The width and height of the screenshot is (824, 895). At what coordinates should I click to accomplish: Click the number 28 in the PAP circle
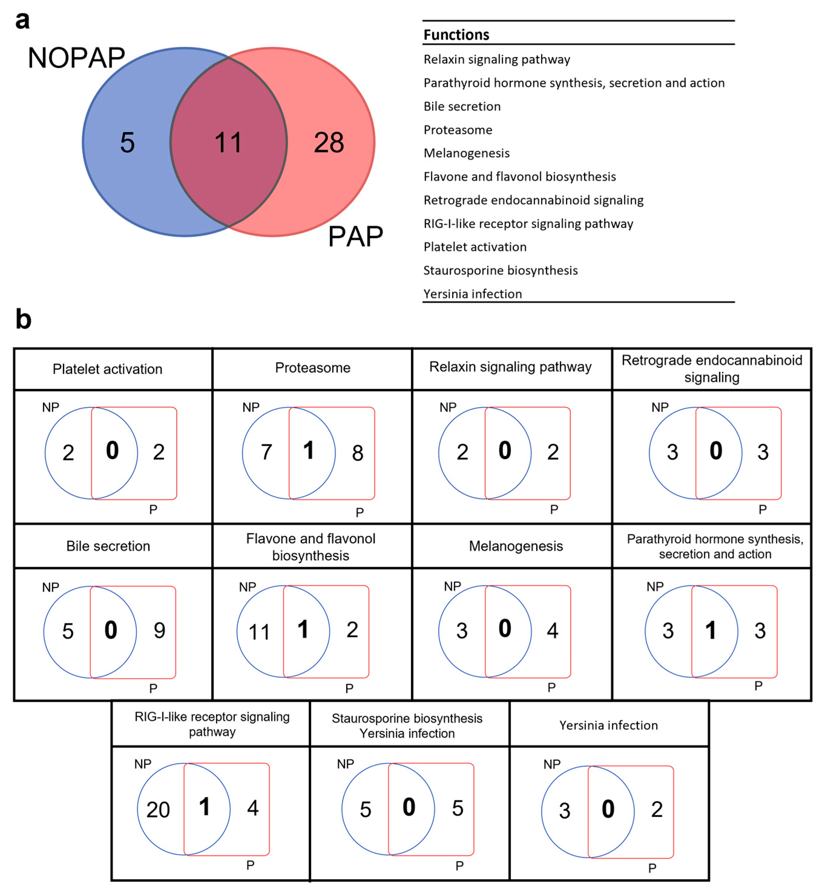329,143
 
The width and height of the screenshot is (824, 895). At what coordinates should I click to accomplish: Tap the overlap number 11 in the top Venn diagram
228,143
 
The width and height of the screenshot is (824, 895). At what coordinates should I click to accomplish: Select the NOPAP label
76,58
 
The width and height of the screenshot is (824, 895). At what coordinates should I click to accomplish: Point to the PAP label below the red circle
355,237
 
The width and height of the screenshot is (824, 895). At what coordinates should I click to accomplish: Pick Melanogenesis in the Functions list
466,153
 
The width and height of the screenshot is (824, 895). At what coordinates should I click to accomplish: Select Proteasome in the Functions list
458,130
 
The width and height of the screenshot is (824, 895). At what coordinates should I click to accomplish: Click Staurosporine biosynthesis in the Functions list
500,270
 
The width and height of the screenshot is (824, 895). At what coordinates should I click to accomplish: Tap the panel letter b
23,320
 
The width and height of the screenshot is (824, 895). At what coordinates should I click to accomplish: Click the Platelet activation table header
107,369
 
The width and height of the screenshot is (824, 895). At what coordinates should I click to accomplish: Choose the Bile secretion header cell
108,546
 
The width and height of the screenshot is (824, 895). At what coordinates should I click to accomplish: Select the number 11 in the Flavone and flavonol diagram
259,632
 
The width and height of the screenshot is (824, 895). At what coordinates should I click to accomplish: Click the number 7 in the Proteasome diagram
266,452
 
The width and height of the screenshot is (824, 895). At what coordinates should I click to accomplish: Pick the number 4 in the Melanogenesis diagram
553,631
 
